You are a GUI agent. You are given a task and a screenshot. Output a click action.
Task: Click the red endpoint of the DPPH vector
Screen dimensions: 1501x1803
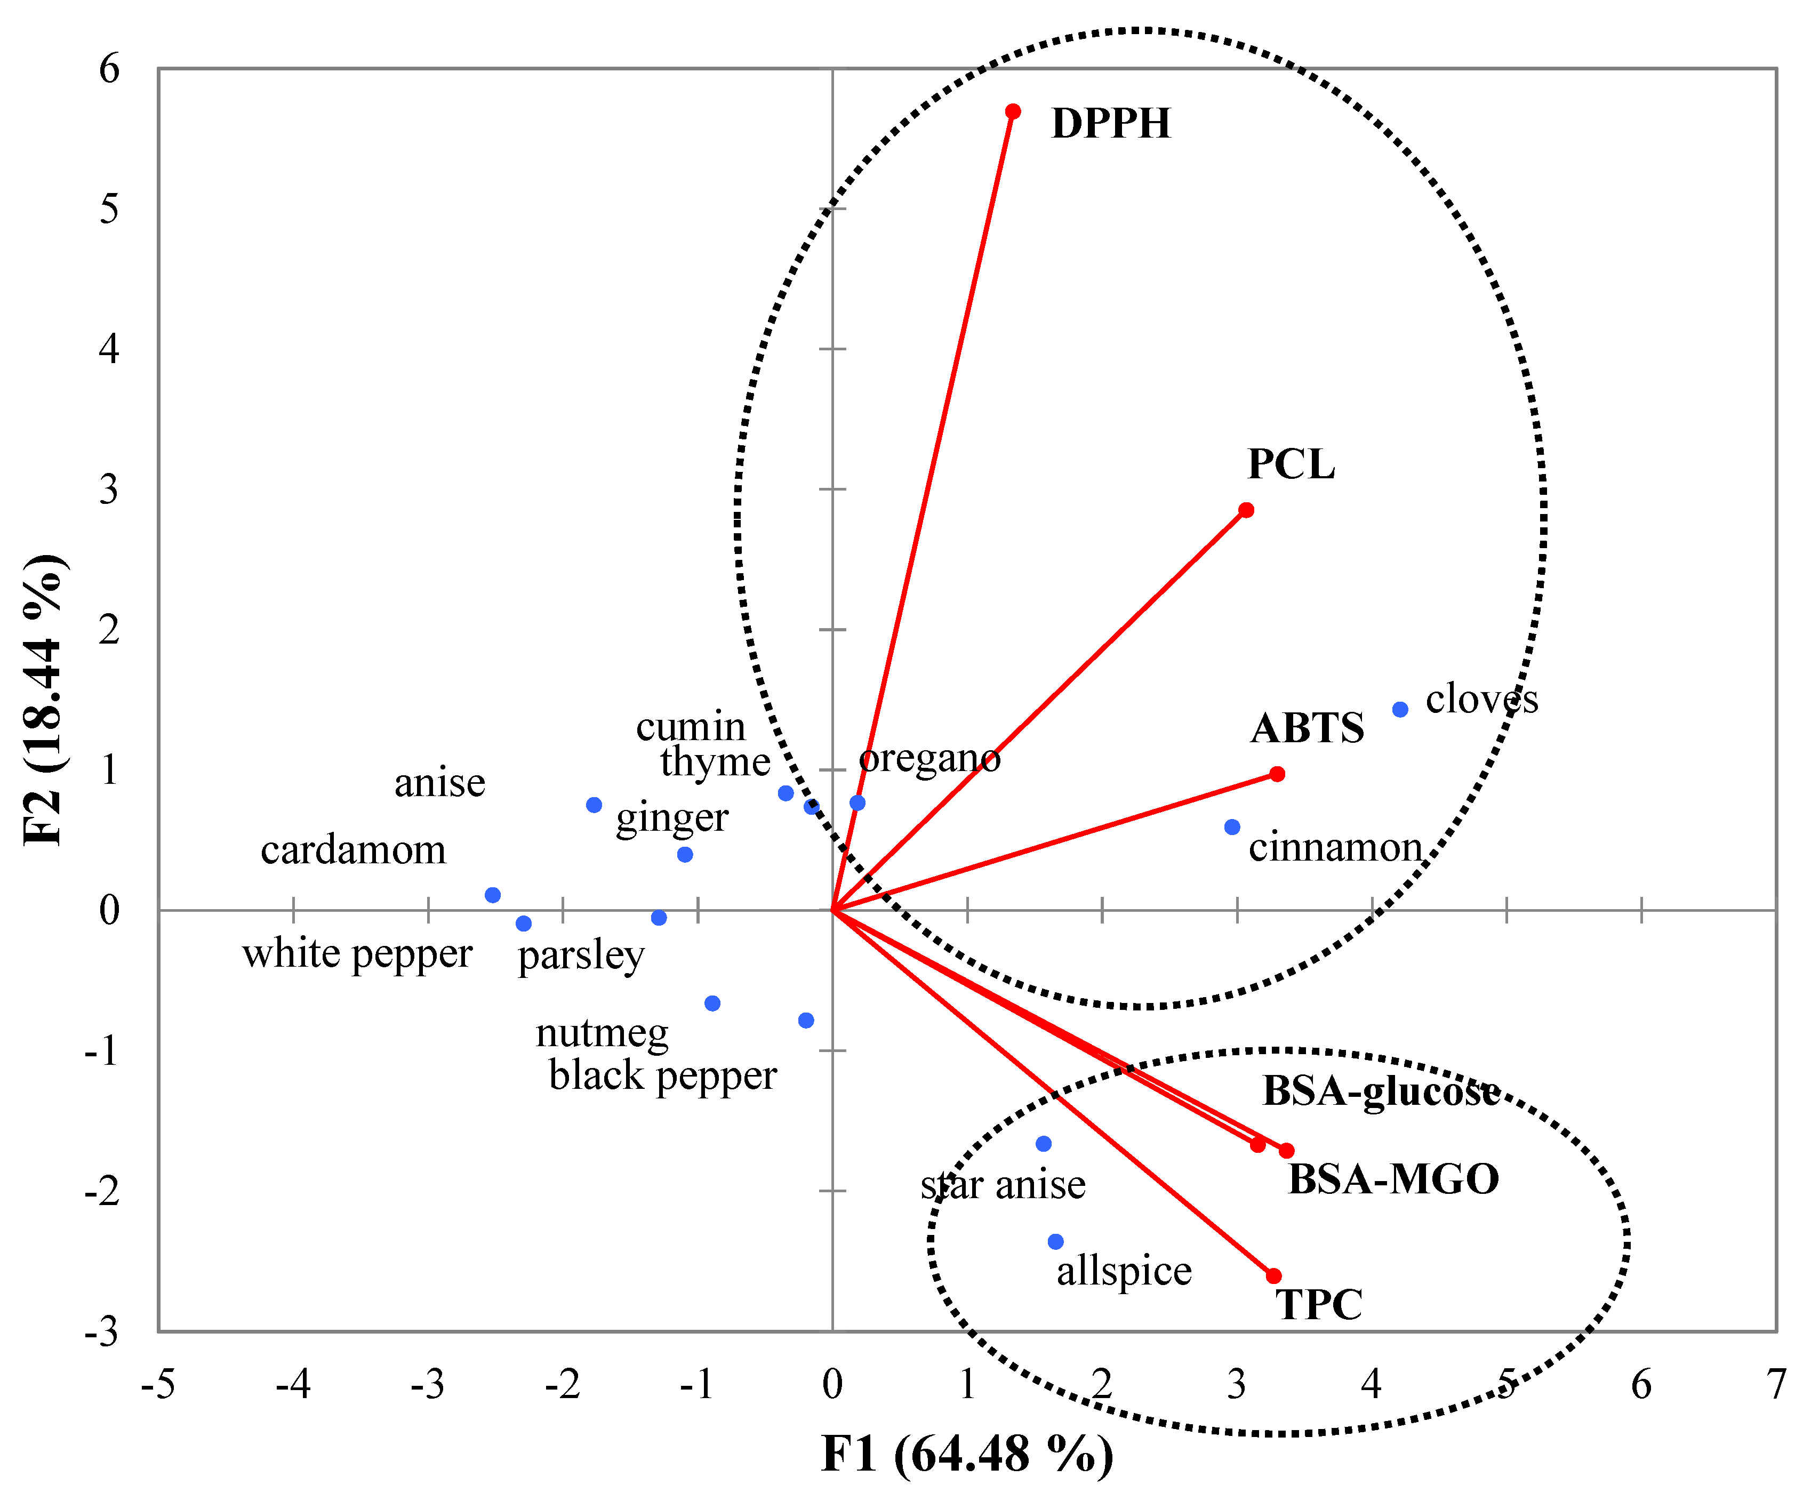pos(1013,111)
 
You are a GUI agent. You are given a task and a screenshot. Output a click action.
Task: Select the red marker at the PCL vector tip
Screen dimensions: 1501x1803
pos(1246,510)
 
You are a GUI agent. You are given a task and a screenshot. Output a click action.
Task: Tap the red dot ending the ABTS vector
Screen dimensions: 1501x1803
pos(1277,774)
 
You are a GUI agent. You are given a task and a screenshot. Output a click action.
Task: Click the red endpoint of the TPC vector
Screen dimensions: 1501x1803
pos(1274,1276)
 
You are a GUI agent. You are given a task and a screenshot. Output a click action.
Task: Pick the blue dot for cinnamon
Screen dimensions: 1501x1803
pos(1232,827)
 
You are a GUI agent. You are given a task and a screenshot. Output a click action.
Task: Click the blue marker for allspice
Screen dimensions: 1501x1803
pos(1056,1242)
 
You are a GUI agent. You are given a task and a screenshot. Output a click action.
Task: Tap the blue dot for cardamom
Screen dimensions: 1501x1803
pos(493,895)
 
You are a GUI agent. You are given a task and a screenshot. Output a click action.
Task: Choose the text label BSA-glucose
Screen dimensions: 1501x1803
pos(1381,1091)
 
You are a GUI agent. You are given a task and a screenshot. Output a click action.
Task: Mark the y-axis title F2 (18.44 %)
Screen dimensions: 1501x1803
pos(43,700)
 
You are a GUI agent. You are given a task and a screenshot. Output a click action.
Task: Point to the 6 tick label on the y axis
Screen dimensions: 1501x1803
pos(109,69)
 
